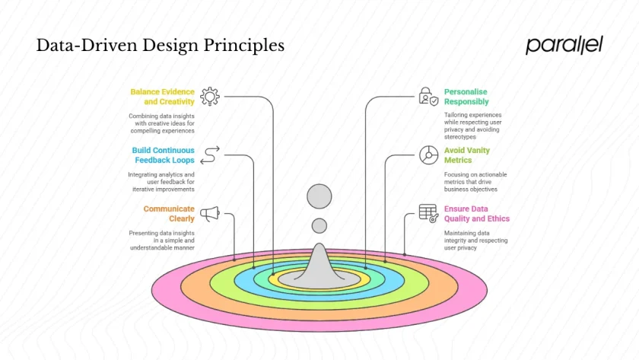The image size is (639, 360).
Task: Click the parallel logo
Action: point(564,45)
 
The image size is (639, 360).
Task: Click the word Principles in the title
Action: point(243,46)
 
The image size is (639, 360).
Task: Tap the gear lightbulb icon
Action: point(210,97)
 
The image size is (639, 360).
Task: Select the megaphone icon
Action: point(210,214)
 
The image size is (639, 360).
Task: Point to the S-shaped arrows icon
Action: point(210,155)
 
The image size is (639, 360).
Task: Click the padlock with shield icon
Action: point(428,96)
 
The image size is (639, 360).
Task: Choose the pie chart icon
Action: point(429,155)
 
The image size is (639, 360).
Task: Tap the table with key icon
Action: point(428,214)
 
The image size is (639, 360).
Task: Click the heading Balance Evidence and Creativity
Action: point(162,97)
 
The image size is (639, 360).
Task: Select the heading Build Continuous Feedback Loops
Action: point(163,155)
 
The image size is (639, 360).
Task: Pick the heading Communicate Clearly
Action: point(169,214)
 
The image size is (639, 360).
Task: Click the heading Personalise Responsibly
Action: point(466,97)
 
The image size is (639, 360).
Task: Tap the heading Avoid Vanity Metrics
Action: point(466,155)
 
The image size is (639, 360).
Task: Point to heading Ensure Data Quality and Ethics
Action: point(477,214)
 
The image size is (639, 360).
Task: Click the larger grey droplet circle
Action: point(319,196)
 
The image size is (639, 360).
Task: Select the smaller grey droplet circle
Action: point(319,226)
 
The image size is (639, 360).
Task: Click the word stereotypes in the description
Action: point(460,137)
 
